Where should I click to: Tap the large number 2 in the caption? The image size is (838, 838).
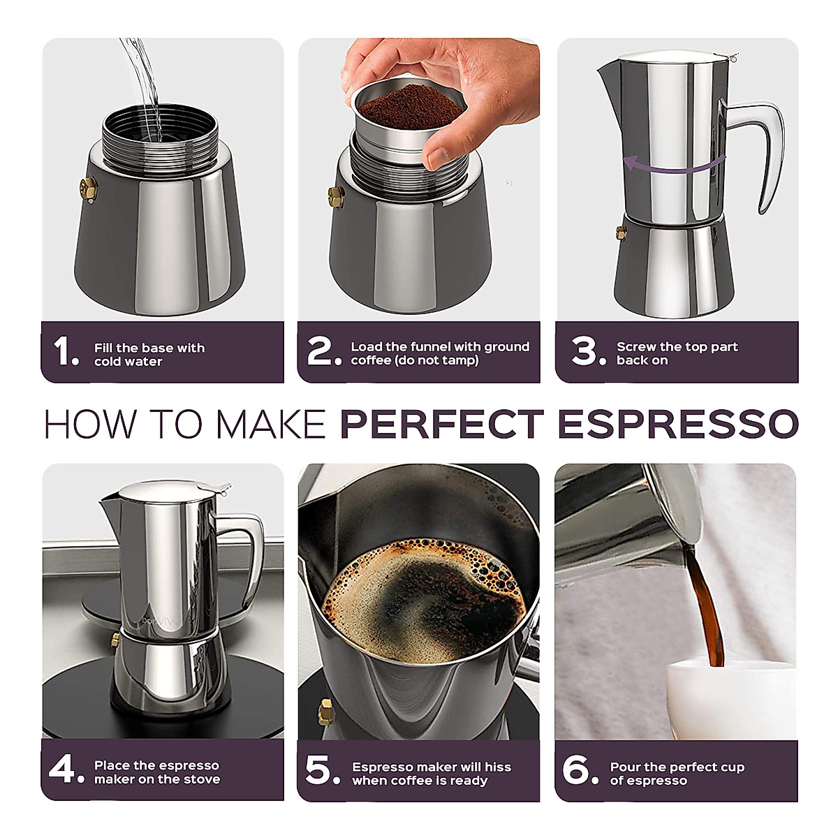[x=321, y=351]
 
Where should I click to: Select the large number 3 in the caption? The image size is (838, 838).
[x=585, y=351]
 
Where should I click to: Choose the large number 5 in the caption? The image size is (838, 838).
[x=320, y=770]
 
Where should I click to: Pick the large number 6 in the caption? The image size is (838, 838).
[x=577, y=770]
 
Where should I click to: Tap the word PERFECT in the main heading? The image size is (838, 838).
[x=441, y=424]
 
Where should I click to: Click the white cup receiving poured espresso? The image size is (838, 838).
[x=726, y=698]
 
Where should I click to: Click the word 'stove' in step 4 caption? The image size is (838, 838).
[x=201, y=779]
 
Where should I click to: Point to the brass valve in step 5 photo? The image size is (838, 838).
[x=325, y=711]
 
